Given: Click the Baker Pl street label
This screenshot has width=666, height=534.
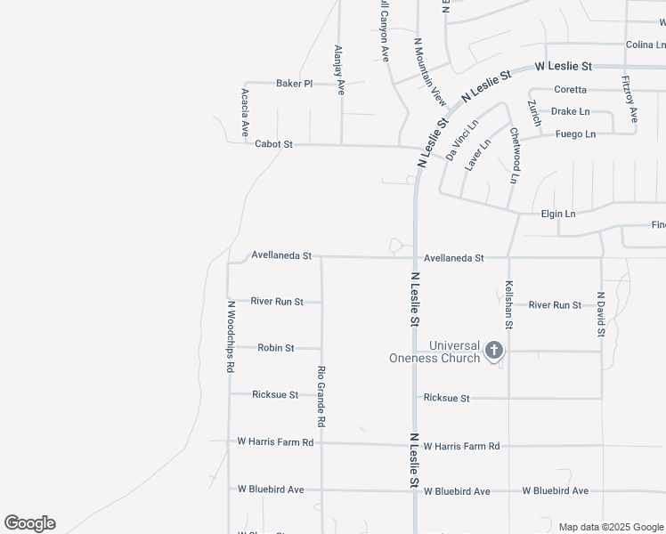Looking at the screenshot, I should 294,84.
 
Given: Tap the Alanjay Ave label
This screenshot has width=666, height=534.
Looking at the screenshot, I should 338,70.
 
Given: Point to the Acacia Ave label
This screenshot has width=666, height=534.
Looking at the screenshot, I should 245,112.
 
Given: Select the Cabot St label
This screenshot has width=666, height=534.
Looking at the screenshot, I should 273,143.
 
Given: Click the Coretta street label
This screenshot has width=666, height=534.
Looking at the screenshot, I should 570,90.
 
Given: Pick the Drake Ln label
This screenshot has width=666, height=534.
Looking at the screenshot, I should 570,112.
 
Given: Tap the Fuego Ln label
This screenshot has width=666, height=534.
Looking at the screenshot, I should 575,134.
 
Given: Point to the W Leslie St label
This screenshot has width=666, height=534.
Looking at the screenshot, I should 563,67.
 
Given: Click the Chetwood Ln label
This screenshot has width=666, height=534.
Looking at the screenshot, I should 514,155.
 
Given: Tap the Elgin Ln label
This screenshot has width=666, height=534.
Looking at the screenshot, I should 558,214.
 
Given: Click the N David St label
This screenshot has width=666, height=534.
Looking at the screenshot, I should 601,313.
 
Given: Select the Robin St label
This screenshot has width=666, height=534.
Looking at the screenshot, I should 276,348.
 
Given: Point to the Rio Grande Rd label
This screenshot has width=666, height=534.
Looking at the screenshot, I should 321,393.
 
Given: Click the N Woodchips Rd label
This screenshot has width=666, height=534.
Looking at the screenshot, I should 230,336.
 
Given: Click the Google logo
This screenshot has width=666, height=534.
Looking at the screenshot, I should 29,523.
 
